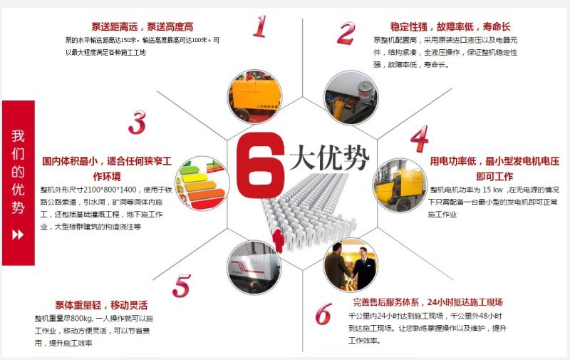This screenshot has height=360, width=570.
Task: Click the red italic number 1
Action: point(259,26)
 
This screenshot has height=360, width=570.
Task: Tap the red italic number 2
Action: point(346,33)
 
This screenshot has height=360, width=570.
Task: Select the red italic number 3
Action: point(137,123)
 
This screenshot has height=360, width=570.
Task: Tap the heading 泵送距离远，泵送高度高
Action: point(143,27)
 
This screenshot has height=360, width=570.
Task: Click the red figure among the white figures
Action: point(279,240)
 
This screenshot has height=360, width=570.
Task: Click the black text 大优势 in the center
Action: point(329,158)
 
